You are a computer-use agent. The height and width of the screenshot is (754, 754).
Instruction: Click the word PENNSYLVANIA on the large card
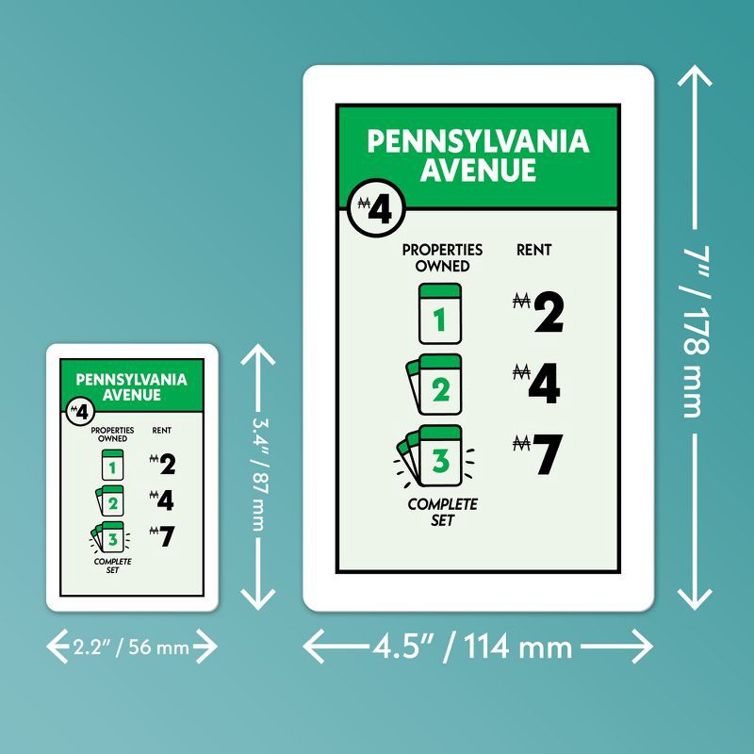point(478,141)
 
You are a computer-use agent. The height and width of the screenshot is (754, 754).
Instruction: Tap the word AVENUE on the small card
point(131,395)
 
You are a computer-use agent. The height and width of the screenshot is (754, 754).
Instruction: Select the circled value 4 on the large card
point(376,207)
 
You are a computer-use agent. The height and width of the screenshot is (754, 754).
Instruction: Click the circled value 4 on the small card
point(80,412)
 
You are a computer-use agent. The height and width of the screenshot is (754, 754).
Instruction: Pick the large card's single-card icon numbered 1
point(440,314)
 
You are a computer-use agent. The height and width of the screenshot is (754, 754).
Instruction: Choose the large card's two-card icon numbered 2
point(434,385)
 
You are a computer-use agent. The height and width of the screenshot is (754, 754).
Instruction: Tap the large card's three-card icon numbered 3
point(434,456)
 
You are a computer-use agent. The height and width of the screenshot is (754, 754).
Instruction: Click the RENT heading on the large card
point(533,250)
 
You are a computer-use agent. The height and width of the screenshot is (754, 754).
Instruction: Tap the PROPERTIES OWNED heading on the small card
point(112,434)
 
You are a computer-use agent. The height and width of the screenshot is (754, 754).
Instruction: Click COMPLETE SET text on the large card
point(442,512)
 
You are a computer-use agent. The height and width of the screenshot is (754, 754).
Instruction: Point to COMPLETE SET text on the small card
point(112,565)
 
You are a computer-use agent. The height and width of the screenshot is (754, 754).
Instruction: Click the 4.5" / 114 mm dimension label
point(473,647)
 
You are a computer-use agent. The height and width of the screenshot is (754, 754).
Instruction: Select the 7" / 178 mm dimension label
point(695,332)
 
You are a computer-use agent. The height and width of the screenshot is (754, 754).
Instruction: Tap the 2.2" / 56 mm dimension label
point(131,647)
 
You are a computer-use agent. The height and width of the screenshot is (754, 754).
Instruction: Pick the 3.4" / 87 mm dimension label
point(258,475)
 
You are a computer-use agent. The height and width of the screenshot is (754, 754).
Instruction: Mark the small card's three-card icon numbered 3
point(110,537)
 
